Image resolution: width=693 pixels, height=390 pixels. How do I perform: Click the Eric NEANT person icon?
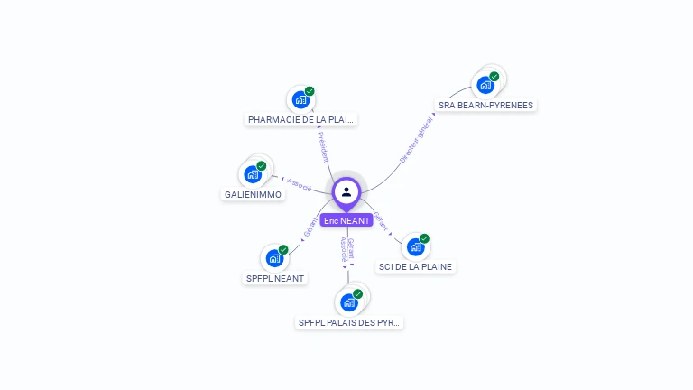346,191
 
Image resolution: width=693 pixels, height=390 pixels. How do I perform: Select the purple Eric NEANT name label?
346,220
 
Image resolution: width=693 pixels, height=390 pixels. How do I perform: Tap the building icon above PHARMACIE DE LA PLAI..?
300,99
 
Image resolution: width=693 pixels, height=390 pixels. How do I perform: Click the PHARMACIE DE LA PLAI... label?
301,119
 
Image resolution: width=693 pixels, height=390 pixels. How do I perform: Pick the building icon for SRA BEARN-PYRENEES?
485,85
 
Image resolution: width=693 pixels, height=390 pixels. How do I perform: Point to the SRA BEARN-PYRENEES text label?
485,105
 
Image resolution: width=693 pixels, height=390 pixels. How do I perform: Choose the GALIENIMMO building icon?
253,174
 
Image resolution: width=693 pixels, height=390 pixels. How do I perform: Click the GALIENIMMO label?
253,194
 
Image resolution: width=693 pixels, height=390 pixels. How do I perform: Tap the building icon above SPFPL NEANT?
274,258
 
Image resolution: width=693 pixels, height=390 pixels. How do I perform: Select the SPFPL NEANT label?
275,278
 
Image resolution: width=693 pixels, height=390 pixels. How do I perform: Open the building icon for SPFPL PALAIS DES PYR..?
349,302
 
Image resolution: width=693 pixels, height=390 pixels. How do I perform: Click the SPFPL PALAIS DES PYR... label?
349,322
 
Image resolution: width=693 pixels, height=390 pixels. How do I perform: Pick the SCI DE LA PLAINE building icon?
415,246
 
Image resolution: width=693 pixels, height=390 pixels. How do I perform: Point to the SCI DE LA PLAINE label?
416,266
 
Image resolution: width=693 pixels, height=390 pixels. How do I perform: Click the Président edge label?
323,146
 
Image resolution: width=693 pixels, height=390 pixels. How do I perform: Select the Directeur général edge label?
416,140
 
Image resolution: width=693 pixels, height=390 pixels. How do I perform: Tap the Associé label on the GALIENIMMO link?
299,183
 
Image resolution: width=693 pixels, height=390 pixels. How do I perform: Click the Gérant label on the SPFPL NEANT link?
310,227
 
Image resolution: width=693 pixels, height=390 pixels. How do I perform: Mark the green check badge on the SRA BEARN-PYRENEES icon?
494,77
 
